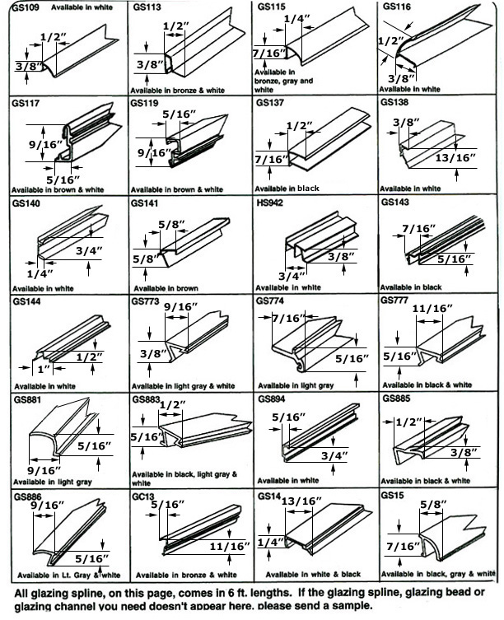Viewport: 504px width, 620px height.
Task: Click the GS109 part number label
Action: click(24, 7)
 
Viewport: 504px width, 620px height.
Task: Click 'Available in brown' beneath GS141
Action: click(166, 287)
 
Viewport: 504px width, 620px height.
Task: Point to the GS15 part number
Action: click(392, 497)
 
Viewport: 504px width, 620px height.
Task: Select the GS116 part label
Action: click(395, 7)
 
